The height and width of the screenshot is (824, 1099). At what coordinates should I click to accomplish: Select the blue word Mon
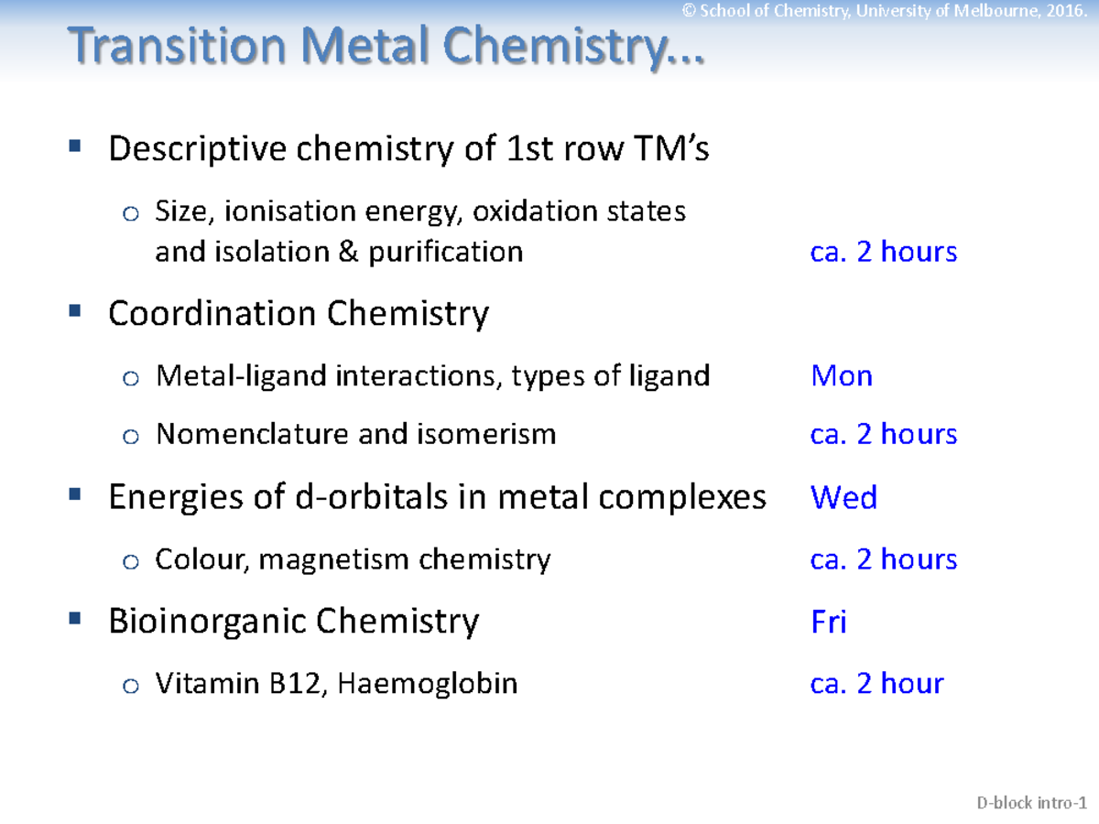841,376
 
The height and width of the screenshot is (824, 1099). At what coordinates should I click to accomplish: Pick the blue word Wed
843,498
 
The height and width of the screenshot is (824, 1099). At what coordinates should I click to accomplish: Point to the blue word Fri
828,623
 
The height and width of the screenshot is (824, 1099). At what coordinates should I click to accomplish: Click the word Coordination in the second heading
212,314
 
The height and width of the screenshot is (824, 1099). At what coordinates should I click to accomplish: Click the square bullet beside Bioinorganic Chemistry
75,620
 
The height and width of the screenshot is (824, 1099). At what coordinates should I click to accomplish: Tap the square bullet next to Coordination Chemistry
75,311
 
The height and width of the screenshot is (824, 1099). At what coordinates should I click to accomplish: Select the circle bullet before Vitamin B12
132,686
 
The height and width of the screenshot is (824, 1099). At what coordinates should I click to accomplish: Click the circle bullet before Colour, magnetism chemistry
132,561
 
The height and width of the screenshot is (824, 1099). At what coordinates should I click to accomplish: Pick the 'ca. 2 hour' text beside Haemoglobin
876,683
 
